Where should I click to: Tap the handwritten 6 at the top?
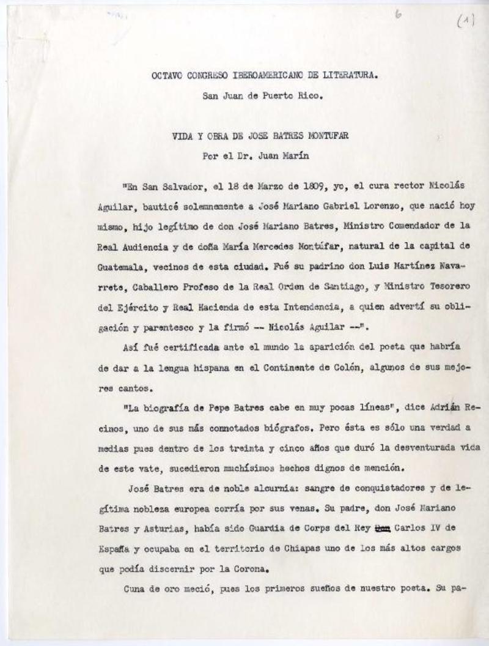click(x=398, y=16)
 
